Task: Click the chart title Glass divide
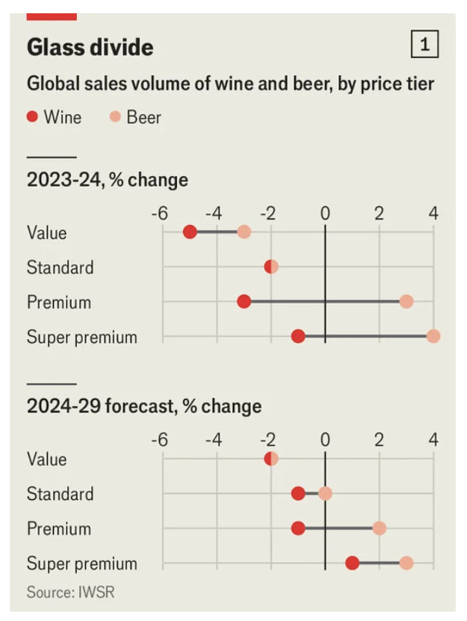(x=90, y=47)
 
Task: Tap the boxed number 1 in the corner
(x=425, y=44)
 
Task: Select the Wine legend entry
(x=54, y=117)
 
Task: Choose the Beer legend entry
(x=135, y=117)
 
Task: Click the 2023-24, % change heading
(x=107, y=180)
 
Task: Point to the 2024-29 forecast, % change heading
(x=144, y=406)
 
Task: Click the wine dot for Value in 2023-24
(x=190, y=232)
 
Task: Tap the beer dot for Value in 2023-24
(x=244, y=232)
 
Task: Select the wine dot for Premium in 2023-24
(x=244, y=302)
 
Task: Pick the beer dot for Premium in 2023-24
(x=407, y=302)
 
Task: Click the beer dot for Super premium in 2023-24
(x=433, y=336)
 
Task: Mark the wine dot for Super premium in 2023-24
(x=298, y=336)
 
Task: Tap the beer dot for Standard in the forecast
(x=325, y=494)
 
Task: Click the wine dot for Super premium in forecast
(x=352, y=563)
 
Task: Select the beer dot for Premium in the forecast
(x=379, y=528)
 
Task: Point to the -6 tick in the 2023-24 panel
(x=159, y=214)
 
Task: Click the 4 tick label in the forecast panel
(x=433, y=440)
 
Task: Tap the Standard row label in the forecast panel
(x=60, y=494)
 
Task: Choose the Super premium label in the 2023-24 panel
(x=82, y=337)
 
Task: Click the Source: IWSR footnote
(x=70, y=592)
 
